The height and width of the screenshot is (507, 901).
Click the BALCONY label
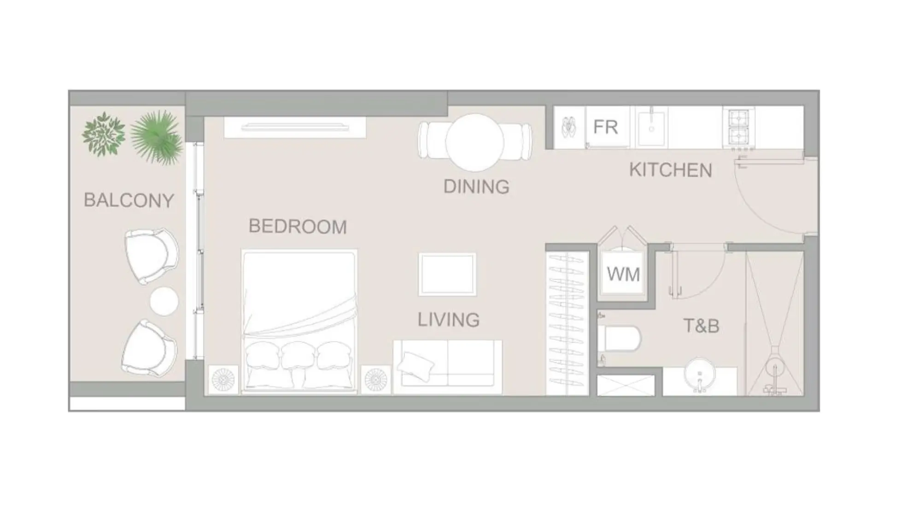tap(129, 200)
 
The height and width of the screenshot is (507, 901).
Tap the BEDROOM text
tap(298, 226)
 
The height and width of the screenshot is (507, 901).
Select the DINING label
tap(476, 187)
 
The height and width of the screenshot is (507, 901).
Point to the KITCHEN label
tap(671, 170)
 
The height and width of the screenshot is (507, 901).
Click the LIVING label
tap(449, 319)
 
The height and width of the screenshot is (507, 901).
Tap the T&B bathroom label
tap(701, 326)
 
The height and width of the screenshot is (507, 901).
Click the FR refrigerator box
tap(606, 127)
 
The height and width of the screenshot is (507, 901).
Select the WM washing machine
tap(623, 274)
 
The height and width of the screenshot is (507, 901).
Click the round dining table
tap(474, 141)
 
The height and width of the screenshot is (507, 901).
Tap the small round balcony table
tap(164, 301)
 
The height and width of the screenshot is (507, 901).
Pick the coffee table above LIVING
tap(447, 274)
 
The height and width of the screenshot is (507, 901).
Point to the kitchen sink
tap(651, 127)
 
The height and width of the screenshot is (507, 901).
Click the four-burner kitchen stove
tap(738, 127)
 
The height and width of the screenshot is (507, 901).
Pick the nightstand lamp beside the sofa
tap(376, 380)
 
